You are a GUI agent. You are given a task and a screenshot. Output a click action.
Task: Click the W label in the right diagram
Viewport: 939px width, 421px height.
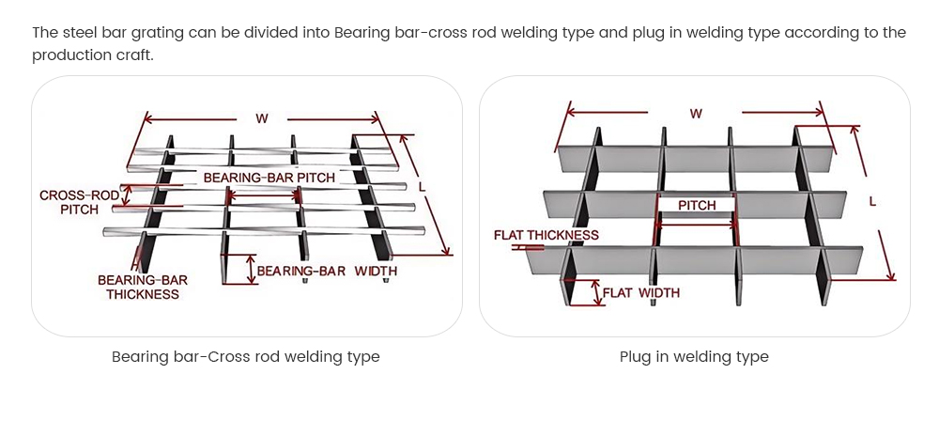tap(696, 113)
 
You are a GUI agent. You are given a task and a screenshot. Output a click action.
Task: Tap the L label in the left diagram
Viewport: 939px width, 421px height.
tap(422, 187)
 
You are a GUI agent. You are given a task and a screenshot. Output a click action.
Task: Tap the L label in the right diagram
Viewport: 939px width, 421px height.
tap(874, 201)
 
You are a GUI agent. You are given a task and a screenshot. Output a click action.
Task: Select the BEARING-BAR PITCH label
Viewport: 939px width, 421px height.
tap(269, 177)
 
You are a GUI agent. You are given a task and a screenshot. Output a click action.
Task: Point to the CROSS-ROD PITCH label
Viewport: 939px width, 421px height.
tap(79, 202)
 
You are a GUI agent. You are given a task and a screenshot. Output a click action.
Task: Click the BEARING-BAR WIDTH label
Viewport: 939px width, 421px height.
tap(327, 271)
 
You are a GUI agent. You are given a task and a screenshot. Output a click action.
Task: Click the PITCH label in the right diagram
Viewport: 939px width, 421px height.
tap(697, 205)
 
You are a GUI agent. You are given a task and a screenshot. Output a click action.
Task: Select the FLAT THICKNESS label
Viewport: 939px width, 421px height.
tap(546, 235)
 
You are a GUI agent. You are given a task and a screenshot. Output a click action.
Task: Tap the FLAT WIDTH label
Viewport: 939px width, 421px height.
tap(640, 292)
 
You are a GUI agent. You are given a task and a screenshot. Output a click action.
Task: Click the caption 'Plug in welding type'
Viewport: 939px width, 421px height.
tap(694, 357)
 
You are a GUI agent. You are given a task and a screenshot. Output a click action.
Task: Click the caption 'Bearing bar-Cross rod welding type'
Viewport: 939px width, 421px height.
tap(246, 357)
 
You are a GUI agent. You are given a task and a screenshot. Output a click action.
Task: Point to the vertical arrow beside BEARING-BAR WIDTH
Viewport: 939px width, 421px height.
tap(250, 269)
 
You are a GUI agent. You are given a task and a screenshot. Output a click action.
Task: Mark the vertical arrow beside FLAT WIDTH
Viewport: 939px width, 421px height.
tap(595, 292)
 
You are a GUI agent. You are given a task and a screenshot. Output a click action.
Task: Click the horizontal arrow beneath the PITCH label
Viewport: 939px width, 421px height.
tap(697, 225)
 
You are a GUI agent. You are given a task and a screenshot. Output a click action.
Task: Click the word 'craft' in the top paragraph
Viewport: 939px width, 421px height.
tap(131, 55)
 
